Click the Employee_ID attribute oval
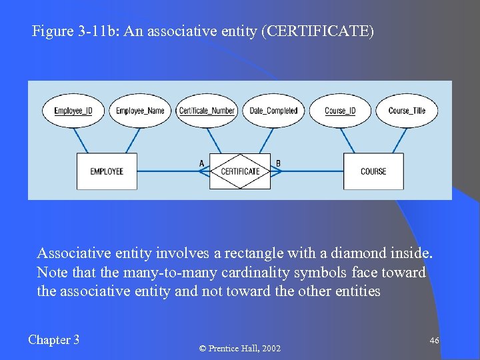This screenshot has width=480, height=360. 73,111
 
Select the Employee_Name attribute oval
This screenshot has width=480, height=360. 140,111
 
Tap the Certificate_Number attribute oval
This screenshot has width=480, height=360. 207,111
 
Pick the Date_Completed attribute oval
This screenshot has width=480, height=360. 273,111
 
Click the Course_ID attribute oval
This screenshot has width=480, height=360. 340,111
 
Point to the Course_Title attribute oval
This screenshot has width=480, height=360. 407,111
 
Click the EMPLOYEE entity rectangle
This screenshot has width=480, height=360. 107,171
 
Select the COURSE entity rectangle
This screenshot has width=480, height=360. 373,171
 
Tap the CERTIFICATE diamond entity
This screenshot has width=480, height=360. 240,171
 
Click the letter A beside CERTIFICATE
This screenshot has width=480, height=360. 202,163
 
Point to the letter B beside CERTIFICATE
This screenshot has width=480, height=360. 278,163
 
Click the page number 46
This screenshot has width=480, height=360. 434,341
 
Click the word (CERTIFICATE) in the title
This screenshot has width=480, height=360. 318,31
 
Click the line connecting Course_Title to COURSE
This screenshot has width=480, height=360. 398,140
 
